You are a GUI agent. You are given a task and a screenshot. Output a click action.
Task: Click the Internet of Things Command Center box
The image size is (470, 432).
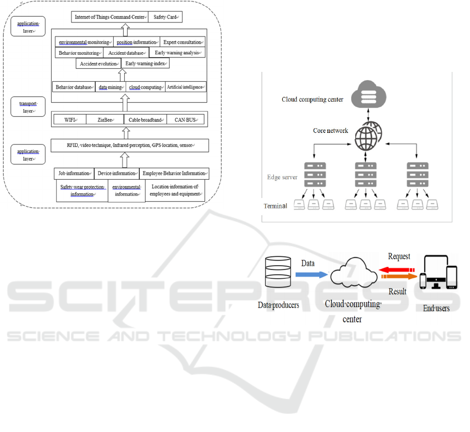[110, 17]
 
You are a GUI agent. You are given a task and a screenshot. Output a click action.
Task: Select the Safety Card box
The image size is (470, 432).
[166, 17]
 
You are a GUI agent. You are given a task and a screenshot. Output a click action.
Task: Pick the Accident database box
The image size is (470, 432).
[125, 53]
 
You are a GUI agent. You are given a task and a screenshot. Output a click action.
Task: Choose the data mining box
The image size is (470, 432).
[110, 87]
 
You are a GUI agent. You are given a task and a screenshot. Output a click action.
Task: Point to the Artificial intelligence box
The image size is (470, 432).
[185, 87]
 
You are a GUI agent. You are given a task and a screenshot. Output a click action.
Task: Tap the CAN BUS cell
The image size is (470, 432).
[185, 120]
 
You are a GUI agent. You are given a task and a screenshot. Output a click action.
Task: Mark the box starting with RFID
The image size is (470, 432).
[129, 145]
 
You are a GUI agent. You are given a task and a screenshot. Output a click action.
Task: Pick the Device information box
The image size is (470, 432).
[117, 174]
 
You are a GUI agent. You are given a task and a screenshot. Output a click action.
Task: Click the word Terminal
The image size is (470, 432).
[275, 206]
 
